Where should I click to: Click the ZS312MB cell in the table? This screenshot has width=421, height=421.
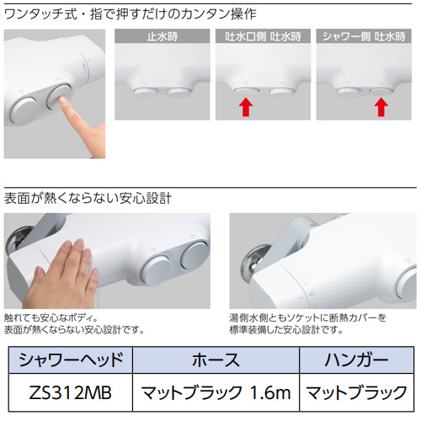tap(71, 392)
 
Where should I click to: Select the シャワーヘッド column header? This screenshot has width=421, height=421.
tap(71, 360)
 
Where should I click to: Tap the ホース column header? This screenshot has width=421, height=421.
tap(216, 360)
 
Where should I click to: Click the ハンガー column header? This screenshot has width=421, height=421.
tap(357, 360)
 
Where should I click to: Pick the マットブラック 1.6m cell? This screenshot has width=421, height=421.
tap(216, 392)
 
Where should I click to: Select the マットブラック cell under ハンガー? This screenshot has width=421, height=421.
tap(357, 392)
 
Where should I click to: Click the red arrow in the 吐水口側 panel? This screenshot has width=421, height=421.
tap(246, 107)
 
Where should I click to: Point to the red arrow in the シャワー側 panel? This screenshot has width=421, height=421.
tap(381, 107)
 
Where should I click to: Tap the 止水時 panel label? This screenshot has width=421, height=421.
tap(163, 36)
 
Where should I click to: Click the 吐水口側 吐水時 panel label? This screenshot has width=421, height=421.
tap(263, 36)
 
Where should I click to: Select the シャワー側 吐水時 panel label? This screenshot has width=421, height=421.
tap(364, 36)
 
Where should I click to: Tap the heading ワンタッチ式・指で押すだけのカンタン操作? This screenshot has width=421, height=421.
tap(131, 14)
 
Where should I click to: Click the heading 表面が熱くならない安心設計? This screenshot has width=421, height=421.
tap(88, 198)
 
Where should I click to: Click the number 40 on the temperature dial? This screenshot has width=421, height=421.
tap(312, 294)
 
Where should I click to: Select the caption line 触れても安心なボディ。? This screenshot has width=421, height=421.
tap(51, 318)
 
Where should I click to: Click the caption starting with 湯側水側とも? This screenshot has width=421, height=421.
tap(308, 323)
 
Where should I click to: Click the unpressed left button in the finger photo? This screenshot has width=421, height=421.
tap(24, 111)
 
